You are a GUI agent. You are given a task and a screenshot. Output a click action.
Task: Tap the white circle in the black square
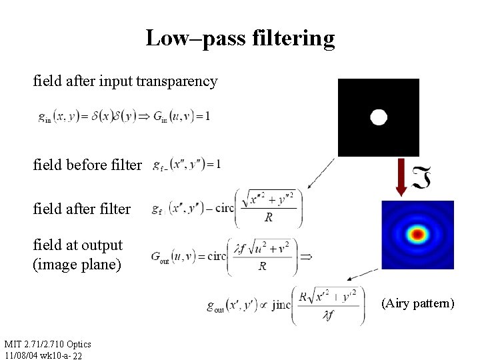click(379, 117)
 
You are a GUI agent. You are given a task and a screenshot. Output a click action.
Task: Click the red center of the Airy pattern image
click(418, 234)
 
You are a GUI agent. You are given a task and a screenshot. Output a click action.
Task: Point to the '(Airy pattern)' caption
click(418, 304)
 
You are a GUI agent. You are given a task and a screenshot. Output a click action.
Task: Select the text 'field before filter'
click(87, 165)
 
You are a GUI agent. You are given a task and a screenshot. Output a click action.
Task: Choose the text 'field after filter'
click(82, 209)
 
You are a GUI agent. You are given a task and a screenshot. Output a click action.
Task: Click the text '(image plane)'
click(77, 265)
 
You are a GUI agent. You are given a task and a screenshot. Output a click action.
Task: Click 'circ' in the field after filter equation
click(225, 208)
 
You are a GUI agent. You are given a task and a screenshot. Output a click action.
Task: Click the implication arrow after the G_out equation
click(307, 256)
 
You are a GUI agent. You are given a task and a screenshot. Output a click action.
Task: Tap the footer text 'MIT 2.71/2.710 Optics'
click(47, 344)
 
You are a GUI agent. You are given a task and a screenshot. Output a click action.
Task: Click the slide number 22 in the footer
click(77, 356)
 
